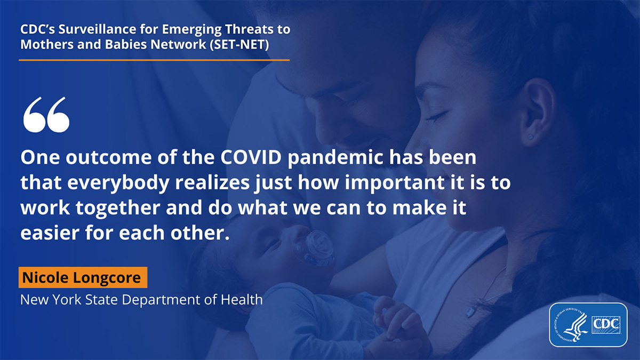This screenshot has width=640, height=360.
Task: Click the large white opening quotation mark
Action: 46,114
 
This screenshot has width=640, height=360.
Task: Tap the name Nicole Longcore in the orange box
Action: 83,278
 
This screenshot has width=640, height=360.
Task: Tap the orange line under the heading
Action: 154,60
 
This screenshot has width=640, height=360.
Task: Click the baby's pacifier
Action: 318,247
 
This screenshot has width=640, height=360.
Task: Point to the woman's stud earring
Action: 531,137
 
